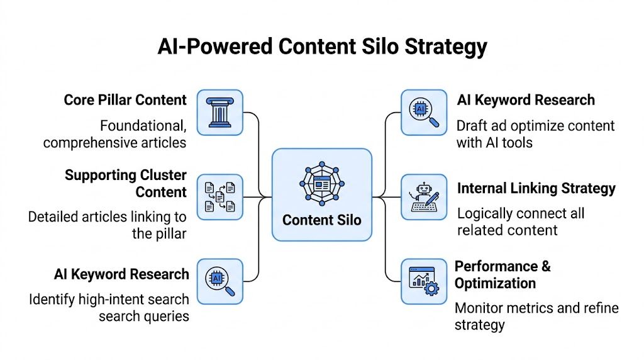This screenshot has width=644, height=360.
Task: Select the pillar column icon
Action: click(x=219, y=113)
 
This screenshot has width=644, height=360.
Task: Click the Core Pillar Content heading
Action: click(x=125, y=100)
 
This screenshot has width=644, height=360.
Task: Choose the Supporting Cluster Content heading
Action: click(x=126, y=183)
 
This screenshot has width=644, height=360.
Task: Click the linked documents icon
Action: click(x=219, y=197)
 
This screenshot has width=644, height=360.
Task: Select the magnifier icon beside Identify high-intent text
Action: click(x=219, y=281)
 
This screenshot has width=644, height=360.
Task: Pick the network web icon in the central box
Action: click(x=321, y=184)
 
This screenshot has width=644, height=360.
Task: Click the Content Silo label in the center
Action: click(x=321, y=220)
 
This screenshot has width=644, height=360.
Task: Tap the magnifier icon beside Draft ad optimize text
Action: click(x=424, y=113)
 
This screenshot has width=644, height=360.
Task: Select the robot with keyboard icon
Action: click(x=424, y=197)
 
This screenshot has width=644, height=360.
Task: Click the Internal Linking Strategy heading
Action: click(x=536, y=188)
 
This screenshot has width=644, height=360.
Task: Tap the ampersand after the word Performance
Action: click(x=545, y=266)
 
